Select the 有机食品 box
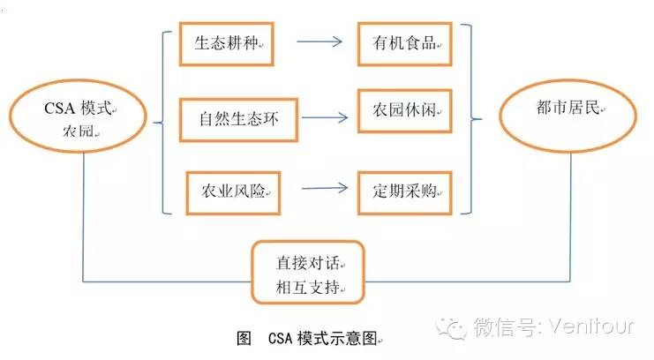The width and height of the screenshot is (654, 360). (x=403, y=42)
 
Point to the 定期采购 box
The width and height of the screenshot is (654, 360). (x=403, y=190)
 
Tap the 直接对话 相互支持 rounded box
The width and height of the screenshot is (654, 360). (x=308, y=274)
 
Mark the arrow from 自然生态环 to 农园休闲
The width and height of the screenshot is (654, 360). (x=319, y=116)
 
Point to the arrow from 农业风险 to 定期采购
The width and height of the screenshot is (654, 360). (x=319, y=187)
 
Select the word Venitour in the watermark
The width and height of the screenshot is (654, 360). (x=594, y=328)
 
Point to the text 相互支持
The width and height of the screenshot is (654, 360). (x=305, y=288)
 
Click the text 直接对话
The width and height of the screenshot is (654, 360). (x=305, y=264)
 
